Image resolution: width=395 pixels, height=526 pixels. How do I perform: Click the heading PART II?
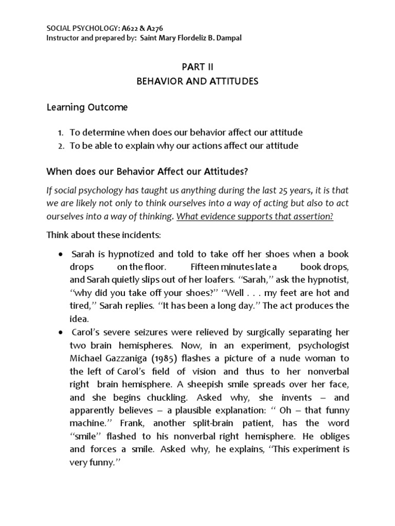tap(197, 67)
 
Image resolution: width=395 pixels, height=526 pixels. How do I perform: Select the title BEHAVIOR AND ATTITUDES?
tap(197, 81)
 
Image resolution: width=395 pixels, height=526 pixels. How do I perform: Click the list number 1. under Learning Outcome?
tap(61, 132)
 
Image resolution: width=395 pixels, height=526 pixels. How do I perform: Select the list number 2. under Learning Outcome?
tap(61, 146)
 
